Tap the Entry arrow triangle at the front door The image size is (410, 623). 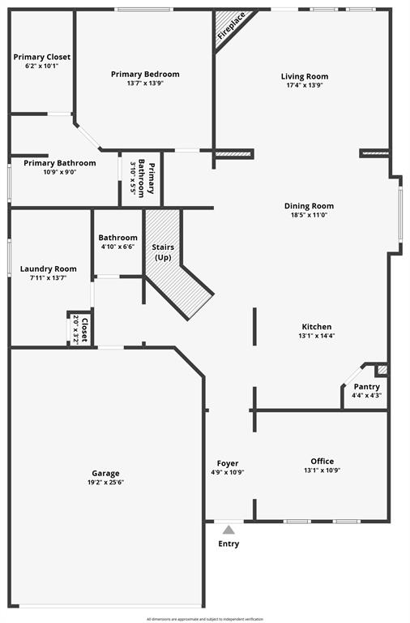tap(228, 530)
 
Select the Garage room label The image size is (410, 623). tap(105, 473)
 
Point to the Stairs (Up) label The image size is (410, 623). tap(164, 251)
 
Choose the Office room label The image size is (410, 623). tap(322, 461)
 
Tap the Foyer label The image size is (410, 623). tap(228, 463)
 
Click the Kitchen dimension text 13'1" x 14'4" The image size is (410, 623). tap(316, 336)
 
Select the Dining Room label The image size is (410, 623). tap(309, 205)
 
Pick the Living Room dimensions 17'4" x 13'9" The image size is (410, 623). tap(305, 85)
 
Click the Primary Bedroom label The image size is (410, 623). tap(145, 74)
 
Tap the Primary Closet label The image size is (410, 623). tap(41, 57)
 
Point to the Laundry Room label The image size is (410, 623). tap(49, 269)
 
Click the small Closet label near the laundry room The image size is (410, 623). tap(84, 329)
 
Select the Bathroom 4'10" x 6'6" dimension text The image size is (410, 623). tap(117, 247)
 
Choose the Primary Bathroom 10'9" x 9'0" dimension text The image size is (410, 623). tap(59, 172)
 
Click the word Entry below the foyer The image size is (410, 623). tap(228, 544)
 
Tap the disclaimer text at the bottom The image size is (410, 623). tap(204, 619)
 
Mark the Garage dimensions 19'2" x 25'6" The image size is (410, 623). tap(105, 483)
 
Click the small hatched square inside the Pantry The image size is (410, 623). tap(382, 370)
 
